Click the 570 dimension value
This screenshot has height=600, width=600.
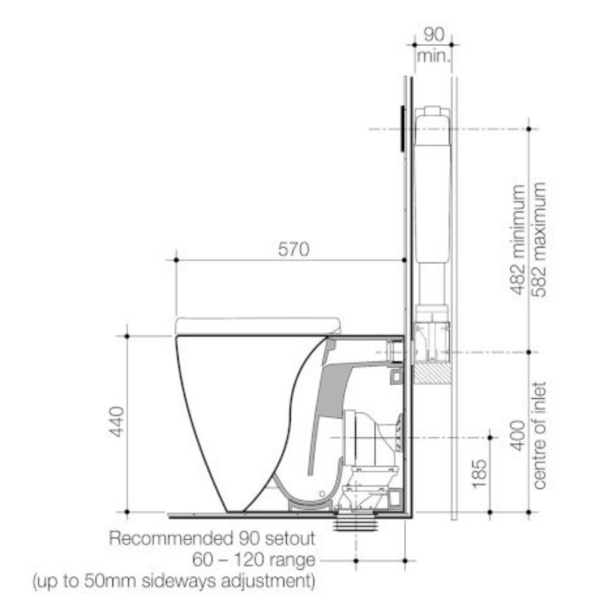pos(294,250)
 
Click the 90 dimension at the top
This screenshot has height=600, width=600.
pos(434,34)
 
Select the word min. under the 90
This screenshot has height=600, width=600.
pos(434,56)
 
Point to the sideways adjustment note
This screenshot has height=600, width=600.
pos(174,581)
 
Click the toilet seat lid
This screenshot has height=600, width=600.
pos(257,326)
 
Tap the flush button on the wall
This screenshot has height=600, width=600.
pos(401,128)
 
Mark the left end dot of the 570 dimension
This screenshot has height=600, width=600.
pos(176,260)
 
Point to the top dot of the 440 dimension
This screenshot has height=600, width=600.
pos(127,336)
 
